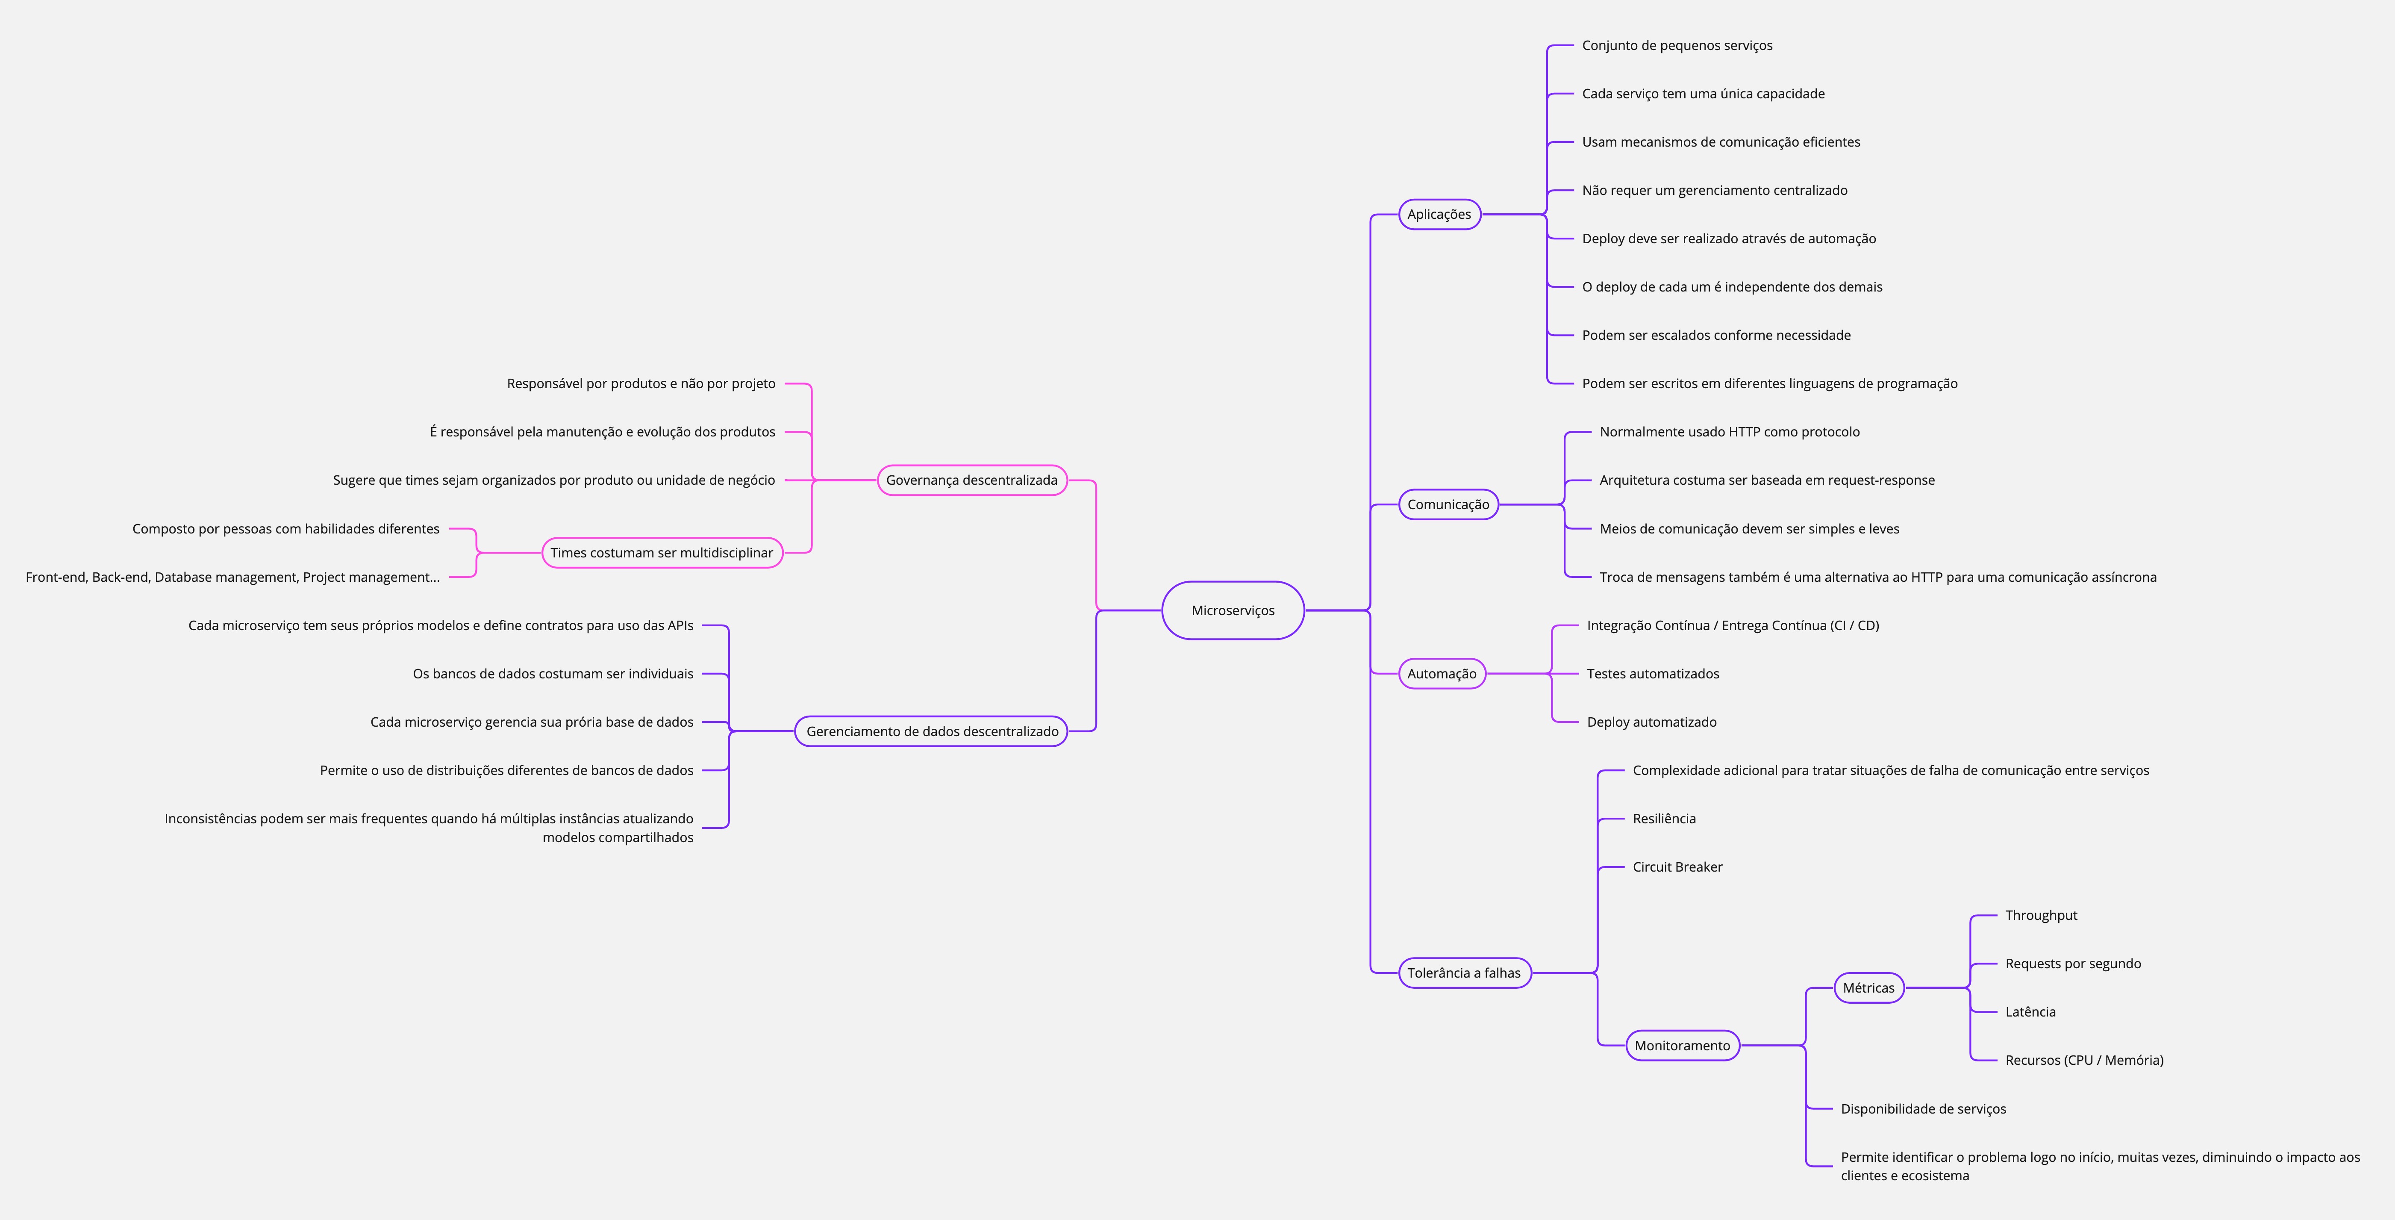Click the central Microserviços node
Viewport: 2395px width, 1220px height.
(x=1233, y=610)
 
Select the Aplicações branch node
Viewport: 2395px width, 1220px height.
(x=1439, y=214)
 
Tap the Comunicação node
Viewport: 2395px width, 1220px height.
(x=1448, y=504)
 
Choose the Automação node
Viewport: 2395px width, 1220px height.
(x=1441, y=673)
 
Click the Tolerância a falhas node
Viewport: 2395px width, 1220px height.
(x=1463, y=972)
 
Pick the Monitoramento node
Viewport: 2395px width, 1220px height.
(x=1682, y=1045)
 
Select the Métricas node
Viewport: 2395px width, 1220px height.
(x=1868, y=987)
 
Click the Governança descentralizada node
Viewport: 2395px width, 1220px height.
(x=971, y=480)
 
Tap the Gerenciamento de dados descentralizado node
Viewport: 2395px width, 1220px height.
(x=932, y=731)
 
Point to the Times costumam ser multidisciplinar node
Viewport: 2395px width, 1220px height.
(x=661, y=552)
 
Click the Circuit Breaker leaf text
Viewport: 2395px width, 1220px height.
(x=1677, y=866)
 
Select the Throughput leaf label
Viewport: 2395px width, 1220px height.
(x=2041, y=915)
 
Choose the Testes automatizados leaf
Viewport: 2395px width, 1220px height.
(x=1652, y=673)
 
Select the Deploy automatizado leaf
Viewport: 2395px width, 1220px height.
(x=1651, y=722)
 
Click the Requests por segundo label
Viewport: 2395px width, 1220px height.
(x=2072, y=964)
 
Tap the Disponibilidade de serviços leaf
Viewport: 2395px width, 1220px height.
(x=1923, y=1108)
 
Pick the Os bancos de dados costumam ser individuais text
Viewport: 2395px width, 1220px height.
(x=552, y=673)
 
